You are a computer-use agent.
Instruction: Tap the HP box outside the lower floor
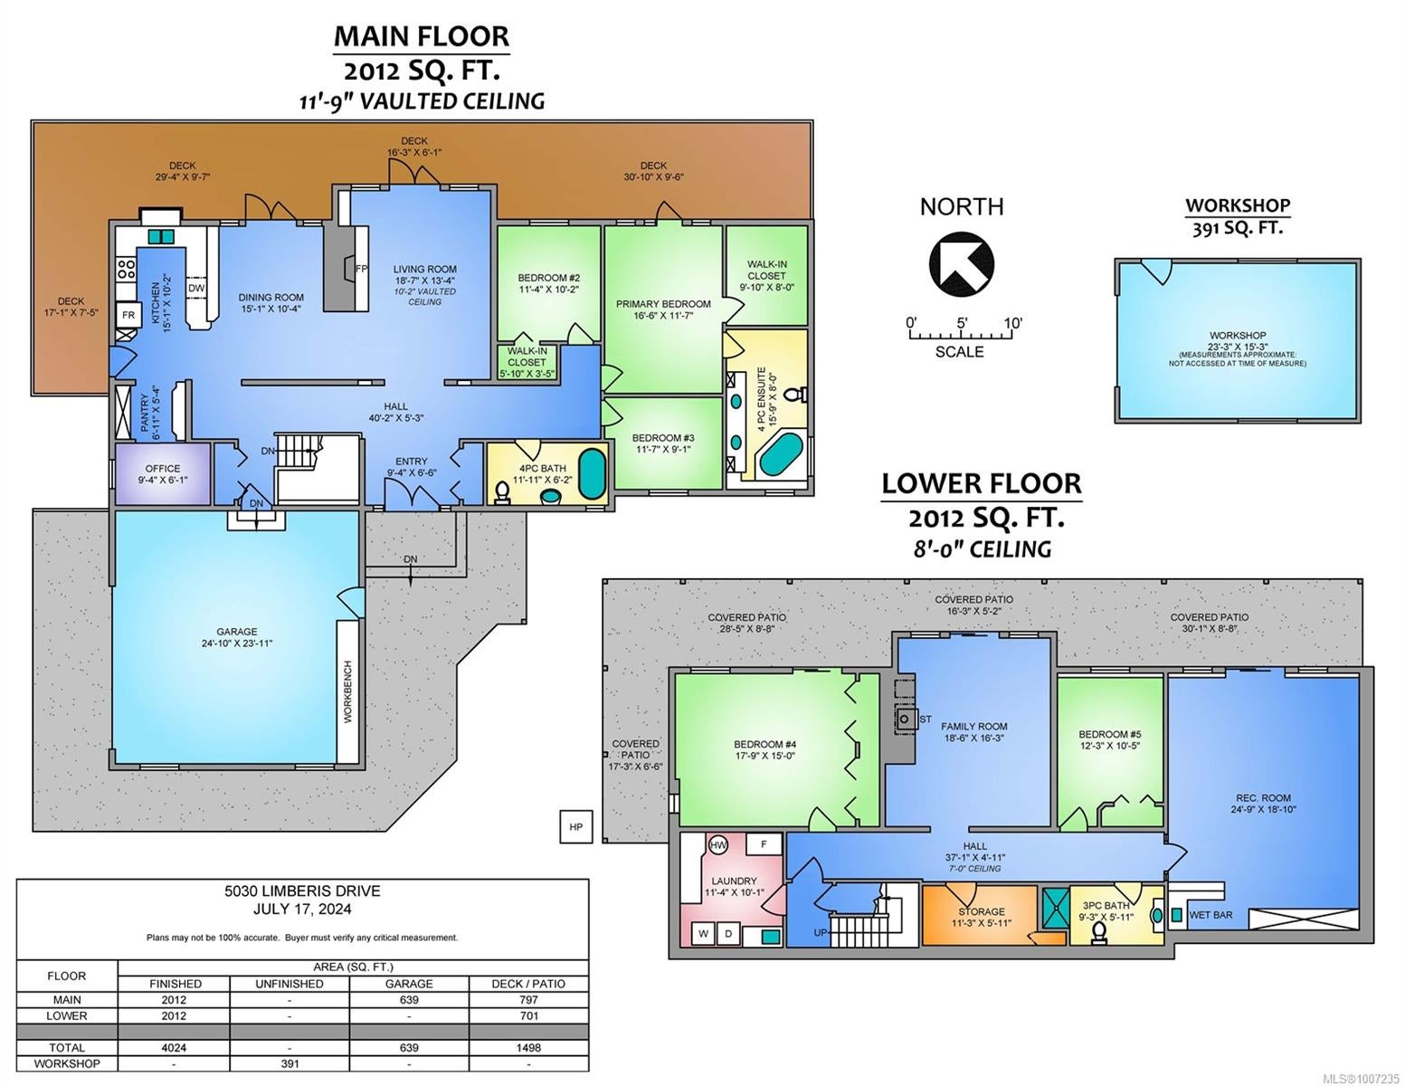(x=575, y=826)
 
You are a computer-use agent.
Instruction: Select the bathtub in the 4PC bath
(x=592, y=475)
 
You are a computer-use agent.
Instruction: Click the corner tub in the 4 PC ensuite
(x=781, y=453)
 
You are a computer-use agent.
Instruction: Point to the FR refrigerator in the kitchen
(x=128, y=315)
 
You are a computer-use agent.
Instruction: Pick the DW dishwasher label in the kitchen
(x=196, y=288)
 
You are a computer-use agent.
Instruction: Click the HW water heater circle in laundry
(x=718, y=844)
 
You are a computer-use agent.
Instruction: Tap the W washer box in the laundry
(x=704, y=934)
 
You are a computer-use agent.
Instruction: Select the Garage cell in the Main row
(x=409, y=999)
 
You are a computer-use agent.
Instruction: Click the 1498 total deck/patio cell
(x=529, y=1047)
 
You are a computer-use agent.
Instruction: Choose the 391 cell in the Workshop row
(x=290, y=1063)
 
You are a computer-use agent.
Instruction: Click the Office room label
(x=162, y=468)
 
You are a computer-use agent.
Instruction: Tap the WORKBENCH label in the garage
(x=347, y=691)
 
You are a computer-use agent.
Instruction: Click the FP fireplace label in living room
(x=362, y=269)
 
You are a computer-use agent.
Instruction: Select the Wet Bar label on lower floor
(x=1210, y=915)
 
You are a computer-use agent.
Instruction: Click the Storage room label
(x=981, y=911)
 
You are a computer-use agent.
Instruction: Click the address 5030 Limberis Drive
(x=302, y=891)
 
